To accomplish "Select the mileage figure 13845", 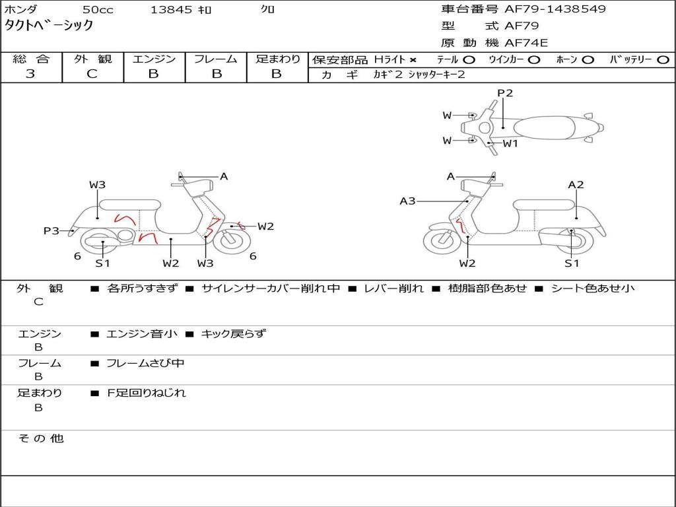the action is (171, 10).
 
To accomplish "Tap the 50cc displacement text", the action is (97, 10).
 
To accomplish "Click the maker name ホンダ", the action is (21, 10).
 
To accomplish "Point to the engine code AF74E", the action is (526, 43).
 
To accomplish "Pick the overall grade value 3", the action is (30, 74).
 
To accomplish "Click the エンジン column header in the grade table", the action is (154, 59).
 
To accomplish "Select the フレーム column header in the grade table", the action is (216, 59).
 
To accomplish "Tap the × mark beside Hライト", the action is (413, 59).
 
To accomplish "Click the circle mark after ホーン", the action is (588, 59).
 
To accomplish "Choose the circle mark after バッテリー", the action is (663, 59).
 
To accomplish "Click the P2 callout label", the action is (505, 93).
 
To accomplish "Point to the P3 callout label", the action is (51, 230).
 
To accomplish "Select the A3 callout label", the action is (407, 201).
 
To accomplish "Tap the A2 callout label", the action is (576, 185).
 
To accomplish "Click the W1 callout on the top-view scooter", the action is (510, 143).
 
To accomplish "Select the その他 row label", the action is (40, 438).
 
